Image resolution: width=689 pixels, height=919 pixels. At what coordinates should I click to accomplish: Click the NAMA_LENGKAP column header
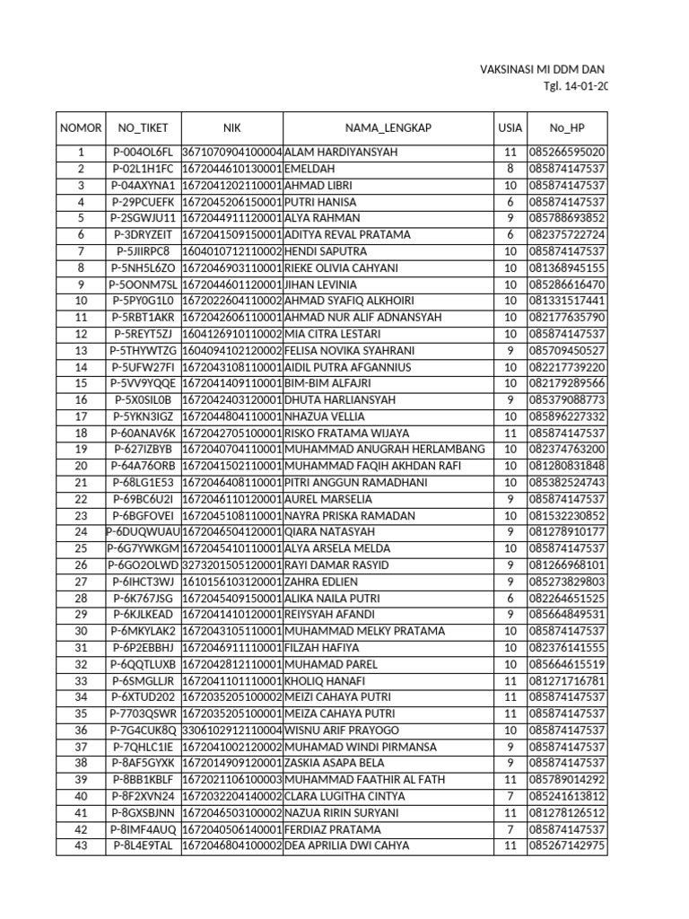[x=388, y=127]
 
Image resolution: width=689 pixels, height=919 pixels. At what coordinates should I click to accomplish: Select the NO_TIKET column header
[x=144, y=127]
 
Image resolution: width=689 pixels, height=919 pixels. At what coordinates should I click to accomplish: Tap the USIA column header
[x=510, y=127]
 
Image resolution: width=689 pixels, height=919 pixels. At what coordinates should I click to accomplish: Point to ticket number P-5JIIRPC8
[x=144, y=250]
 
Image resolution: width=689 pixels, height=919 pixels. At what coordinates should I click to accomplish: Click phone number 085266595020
[x=567, y=152]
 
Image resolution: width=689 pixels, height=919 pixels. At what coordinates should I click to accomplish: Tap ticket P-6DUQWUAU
[x=144, y=531]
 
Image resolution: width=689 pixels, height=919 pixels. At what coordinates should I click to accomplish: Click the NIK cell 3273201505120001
[x=232, y=565]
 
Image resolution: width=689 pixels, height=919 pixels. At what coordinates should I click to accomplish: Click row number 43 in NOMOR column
[x=81, y=845]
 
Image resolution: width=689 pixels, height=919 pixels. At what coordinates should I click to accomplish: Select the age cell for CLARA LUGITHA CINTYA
[x=510, y=796]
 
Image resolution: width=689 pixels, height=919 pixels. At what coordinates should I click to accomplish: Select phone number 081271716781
[x=567, y=680]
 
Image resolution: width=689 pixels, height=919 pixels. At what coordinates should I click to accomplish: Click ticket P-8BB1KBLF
[x=144, y=779]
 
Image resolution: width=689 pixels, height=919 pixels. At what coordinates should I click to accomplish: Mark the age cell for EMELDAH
[x=510, y=168]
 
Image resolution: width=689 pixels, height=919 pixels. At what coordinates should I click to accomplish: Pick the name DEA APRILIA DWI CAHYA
[x=346, y=845]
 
